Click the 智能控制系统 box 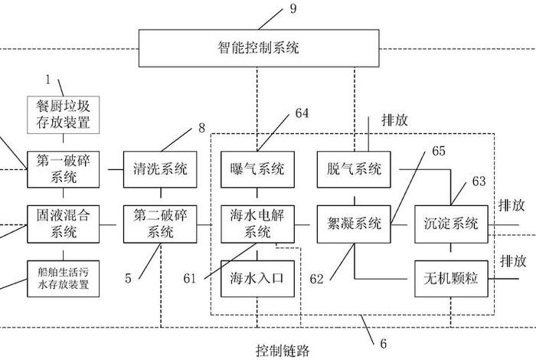[258, 48]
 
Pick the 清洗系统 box [160, 169]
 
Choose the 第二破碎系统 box [160, 223]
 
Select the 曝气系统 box [257, 169]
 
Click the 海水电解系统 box [257, 223]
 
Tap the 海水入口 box [257, 277]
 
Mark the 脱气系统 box [354, 169]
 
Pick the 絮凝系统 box [354, 223]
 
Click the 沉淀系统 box [451, 223]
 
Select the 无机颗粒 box [451, 277]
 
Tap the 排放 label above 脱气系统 [383, 121]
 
